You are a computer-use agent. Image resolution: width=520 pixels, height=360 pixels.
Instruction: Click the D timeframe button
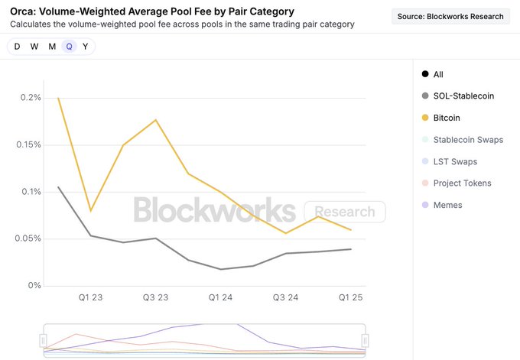[x=18, y=47]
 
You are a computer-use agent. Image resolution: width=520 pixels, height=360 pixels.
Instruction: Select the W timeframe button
[x=34, y=47]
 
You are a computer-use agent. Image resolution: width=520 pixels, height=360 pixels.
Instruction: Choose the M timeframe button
[x=52, y=47]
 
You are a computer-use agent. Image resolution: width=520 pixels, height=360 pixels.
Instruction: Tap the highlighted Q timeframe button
[x=69, y=47]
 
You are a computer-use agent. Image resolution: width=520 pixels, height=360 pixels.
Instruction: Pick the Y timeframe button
[x=85, y=47]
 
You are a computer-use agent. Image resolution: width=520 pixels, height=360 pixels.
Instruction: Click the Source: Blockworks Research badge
[x=450, y=16]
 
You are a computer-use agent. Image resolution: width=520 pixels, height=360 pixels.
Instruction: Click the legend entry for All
[x=437, y=74]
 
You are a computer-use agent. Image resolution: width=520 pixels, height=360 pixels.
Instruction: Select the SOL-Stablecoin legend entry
[x=463, y=96]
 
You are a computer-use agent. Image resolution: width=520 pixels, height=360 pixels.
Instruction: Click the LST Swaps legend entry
[x=454, y=161]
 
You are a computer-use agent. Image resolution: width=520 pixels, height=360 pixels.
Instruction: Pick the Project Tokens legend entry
[x=461, y=183]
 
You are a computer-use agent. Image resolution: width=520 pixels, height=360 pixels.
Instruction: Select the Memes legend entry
[x=447, y=205]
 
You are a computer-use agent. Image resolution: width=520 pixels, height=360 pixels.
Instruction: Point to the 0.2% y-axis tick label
[x=31, y=98]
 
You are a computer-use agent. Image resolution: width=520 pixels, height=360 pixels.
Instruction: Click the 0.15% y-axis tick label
[x=28, y=144]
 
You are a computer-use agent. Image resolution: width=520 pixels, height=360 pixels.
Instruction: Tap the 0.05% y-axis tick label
[x=28, y=238]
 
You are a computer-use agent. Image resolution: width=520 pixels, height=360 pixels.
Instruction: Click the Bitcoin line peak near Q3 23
[x=156, y=120]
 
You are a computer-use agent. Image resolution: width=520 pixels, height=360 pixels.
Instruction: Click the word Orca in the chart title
[x=24, y=11]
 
